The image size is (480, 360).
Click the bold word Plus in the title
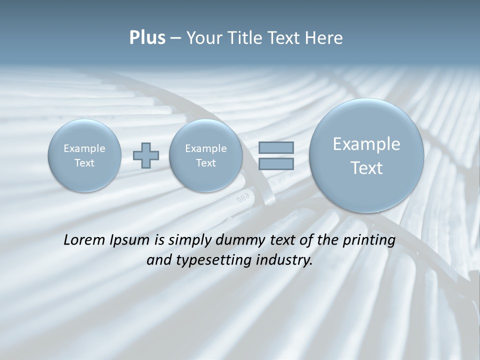(x=147, y=38)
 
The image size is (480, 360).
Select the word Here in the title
(x=325, y=38)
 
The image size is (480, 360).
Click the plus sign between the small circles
(x=145, y=155)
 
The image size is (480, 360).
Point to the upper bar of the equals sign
(x=276, y=147)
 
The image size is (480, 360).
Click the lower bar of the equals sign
(x=276, y=163)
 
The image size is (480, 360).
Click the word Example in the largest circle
(x=366, y=144)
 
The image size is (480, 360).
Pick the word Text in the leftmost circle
(x=84, y=163)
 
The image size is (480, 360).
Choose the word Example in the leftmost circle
(x=84, y=148)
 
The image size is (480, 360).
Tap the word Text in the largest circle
(x=366, y=168)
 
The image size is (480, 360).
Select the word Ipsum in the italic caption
(x=131, y=240)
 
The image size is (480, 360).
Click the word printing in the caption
(x=369, y=240)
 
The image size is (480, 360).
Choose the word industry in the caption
(x=284, y=260)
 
